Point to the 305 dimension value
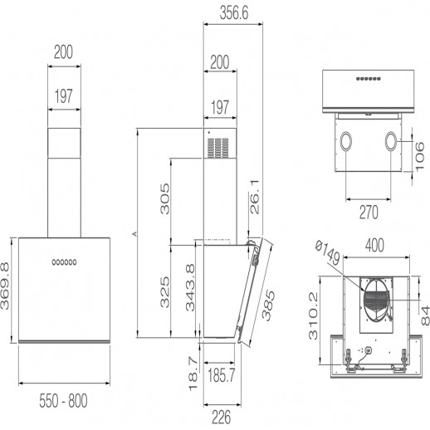[x=164, y=199]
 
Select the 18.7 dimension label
[x=192, y=373]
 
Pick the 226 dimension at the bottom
[x=219, y=418]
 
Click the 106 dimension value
[x=420, y=155]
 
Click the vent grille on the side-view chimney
[x=217, y=149]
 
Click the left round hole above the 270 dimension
[x=342, y=143]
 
